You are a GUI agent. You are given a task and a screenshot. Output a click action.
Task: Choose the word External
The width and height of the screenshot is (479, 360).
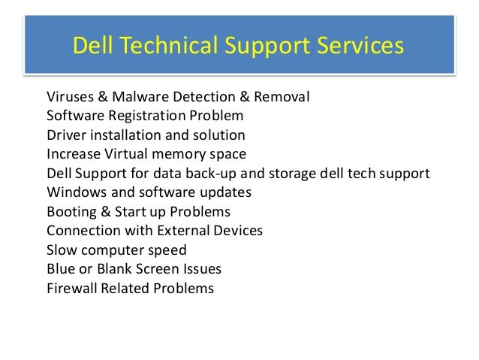pos(185,231)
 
